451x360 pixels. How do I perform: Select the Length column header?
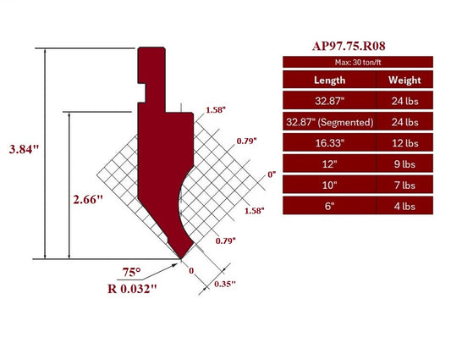coord(329,80)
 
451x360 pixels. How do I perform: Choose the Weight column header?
coord(405,80)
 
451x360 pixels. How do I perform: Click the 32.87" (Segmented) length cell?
coord(329,122)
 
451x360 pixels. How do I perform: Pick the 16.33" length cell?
coord(329,142)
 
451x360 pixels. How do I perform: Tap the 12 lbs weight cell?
coord(405,142)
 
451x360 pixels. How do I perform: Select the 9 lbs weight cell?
coord(405,163)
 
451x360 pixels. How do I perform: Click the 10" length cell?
coord(329,184)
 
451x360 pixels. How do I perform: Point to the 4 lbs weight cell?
coord(405,205)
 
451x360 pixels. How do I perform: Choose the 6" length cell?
coord(329,205)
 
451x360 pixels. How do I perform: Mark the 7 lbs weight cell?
coord(405,184)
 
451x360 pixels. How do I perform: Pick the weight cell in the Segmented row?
coord(405,122)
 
